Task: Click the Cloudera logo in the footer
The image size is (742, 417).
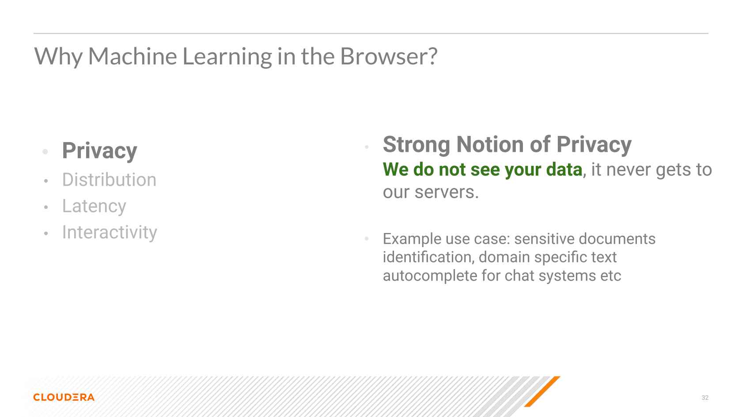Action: [x=64, y=397]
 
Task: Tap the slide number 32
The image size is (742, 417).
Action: [x=705, y=398]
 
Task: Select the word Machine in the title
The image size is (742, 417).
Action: [x=132, y=56]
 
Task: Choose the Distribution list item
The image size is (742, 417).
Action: [x=110, y=180]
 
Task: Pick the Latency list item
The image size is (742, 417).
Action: [x=94, y=207]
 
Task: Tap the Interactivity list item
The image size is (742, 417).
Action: [x=110, y=232]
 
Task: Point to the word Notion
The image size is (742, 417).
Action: [x=489, y=144]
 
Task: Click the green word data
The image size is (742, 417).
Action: [x=564, y=169]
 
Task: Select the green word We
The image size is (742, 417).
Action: [x=396, y=169]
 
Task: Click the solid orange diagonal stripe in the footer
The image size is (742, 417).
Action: [x=542, y=391]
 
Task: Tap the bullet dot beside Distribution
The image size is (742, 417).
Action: [x=46, y=181]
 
